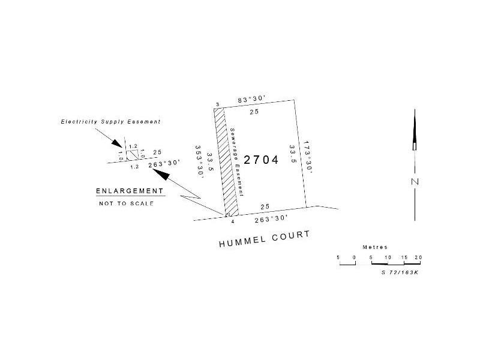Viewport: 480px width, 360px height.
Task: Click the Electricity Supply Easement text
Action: tap(110, 121)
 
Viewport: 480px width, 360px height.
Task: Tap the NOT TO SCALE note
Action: tap(126, 203)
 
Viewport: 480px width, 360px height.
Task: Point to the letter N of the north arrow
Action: tap(415, 181)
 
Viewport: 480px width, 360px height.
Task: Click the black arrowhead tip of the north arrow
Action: tap(415, 112)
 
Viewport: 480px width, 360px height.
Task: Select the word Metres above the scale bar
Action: tap(376, 247)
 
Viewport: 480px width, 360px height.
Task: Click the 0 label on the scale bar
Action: tap(355, 257)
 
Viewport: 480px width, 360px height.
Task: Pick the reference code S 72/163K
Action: tap(400, 272)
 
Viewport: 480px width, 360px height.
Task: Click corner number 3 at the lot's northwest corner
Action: tap(218, 104)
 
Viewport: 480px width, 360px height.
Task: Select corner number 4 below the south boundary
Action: tap(233, 221)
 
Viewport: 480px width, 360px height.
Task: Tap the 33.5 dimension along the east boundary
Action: tap(293, 154)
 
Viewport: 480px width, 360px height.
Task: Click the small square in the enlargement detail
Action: tap(132, 154)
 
